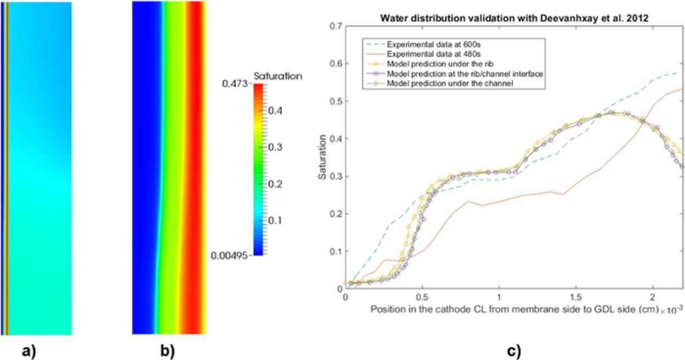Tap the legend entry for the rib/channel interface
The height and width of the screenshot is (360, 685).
(465, 74)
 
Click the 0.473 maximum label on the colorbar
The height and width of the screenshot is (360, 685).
(235, 84)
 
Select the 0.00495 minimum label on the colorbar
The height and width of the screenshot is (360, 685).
(230, 256)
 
